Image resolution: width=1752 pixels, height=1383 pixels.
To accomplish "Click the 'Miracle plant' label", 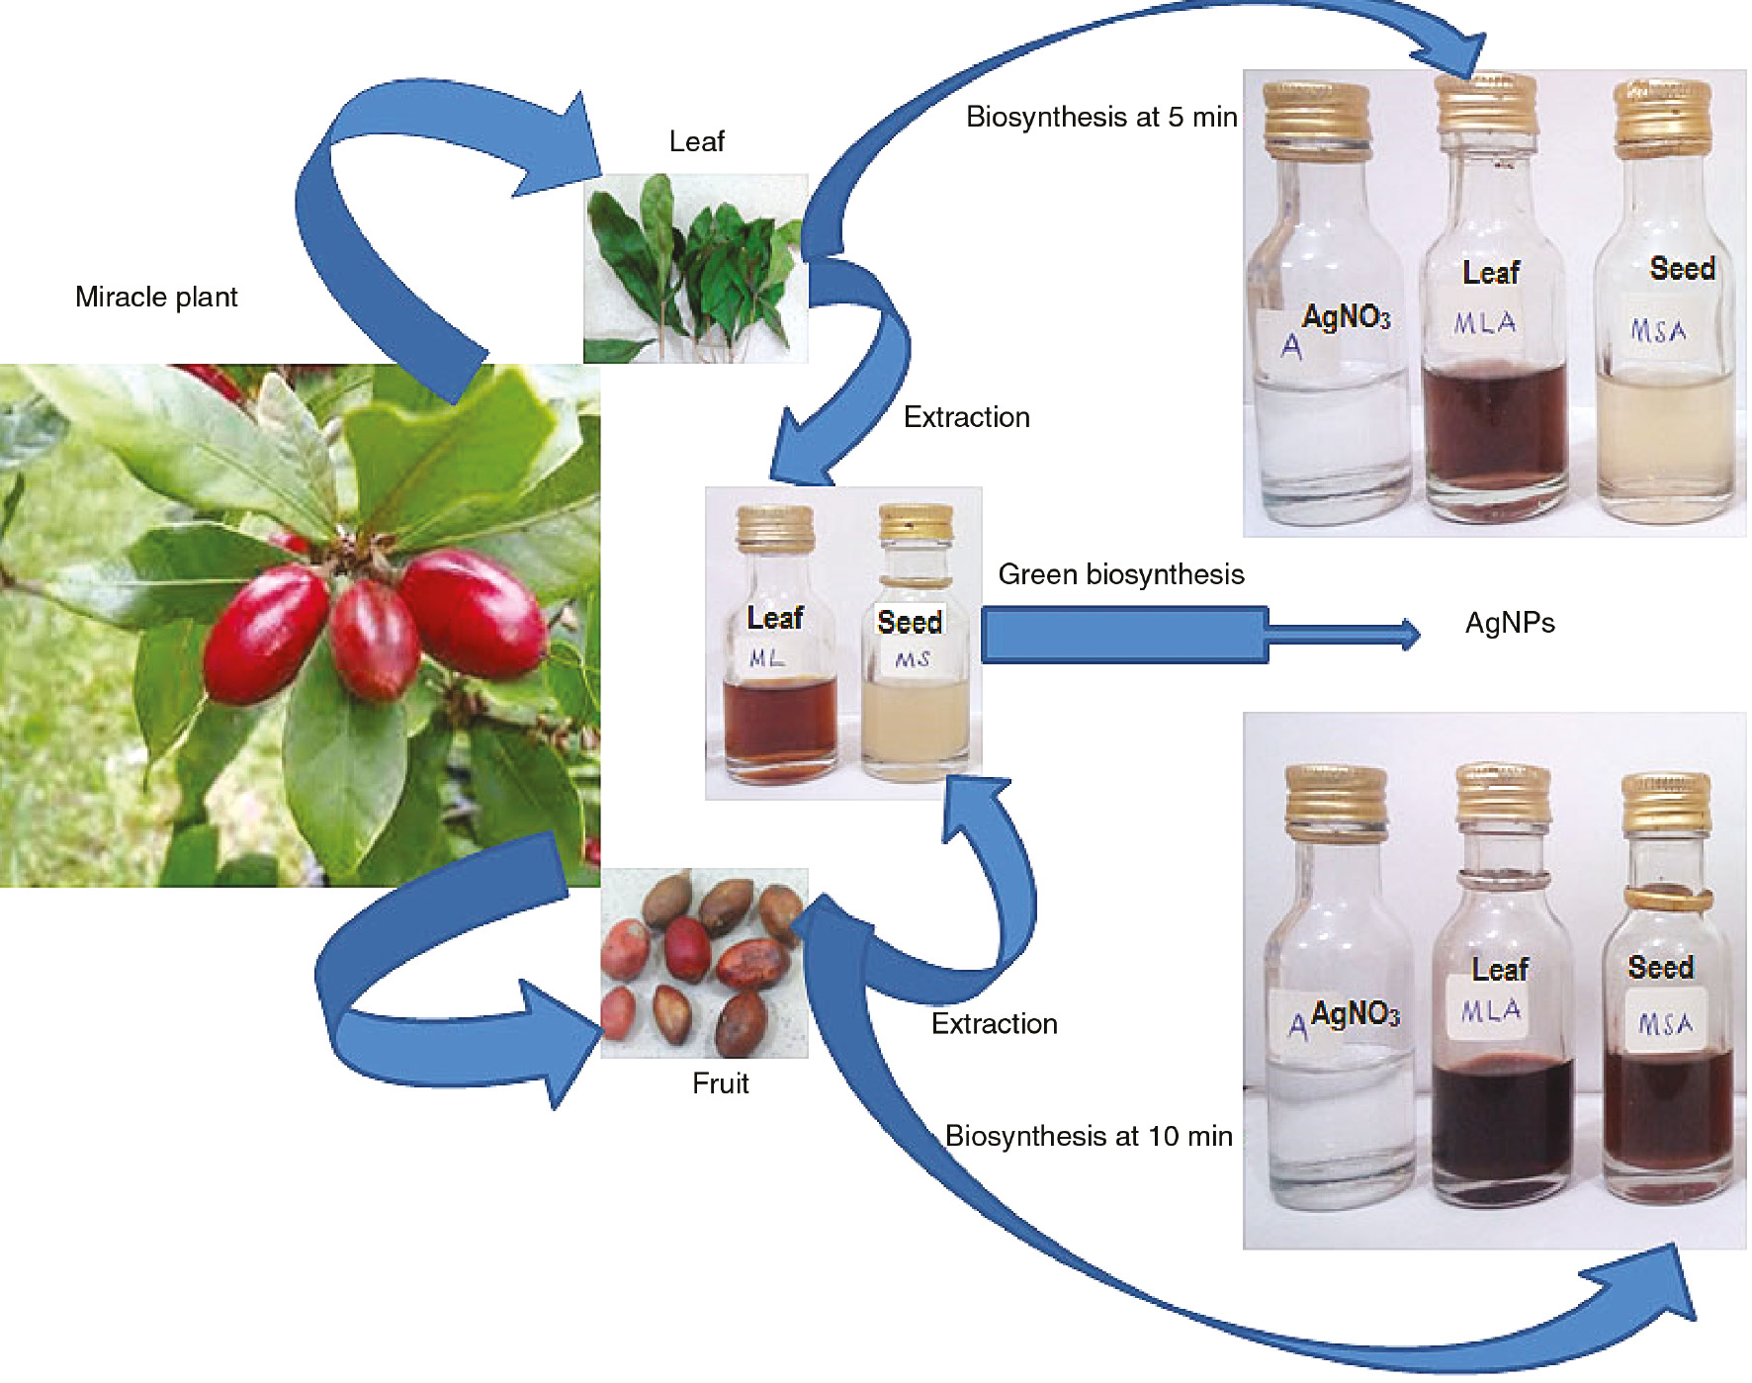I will click(x=156, y=297).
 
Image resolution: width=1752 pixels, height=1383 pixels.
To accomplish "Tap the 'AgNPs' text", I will click(x=1509, y=623).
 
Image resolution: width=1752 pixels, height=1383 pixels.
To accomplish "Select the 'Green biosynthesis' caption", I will click(x=1120, y=574).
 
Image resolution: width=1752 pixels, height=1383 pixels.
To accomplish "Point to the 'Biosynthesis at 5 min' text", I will click(x=1100, y=117).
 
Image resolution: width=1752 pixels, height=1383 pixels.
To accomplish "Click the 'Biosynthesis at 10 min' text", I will click(x=1088, y=1136).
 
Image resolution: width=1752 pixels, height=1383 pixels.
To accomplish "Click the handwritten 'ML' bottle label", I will click(x=766, y=658).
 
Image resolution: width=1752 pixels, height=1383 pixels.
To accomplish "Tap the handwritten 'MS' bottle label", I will click(x=912, y=659).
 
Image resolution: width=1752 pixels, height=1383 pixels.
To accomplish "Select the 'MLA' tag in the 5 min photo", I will click(x=1484, y=323).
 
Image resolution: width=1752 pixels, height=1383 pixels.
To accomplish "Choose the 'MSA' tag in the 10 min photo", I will click(x=1665, y=1024).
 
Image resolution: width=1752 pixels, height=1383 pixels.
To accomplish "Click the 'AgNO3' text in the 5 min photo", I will click(x=1346, y=317).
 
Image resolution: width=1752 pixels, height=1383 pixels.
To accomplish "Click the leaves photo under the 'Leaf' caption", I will click(x=695, y=268).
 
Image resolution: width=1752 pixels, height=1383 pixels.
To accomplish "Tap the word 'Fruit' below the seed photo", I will click(x=720, y=1083).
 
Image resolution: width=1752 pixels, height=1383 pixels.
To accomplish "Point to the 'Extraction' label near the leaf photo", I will click(x=966, y=417).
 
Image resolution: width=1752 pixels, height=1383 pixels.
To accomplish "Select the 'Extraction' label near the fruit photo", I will click(x=994, y=1023).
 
